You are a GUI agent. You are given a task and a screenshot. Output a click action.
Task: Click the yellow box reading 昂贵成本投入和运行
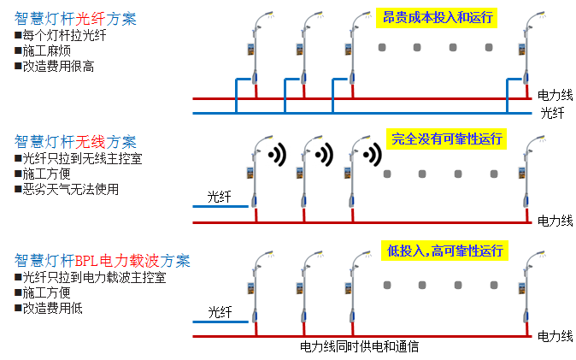click(437, 17)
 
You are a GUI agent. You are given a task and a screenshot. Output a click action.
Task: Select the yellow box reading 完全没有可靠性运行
click(445, 139)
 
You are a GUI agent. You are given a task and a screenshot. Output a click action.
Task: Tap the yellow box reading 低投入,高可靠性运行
click(445, 251)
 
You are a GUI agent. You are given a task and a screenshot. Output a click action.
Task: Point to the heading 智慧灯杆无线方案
click(75, 142)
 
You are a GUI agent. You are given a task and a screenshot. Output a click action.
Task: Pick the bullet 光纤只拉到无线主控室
click(76, 158)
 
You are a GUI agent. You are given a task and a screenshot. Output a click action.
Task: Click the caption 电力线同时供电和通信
click(360, 347)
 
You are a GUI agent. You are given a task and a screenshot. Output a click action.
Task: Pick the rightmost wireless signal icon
click(372, 155)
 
